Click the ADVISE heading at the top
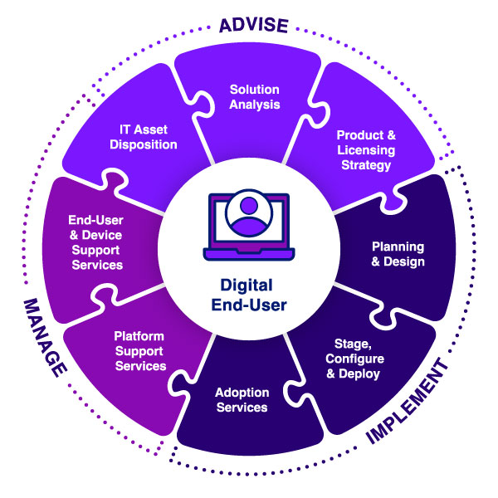[253, 26]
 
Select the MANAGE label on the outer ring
[45, 337]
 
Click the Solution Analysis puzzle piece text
[255, 97]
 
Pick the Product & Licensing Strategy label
[365, 149]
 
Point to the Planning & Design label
[398, 255]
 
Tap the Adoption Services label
[242, 400]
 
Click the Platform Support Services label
[140, 351]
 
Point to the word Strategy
[365, 164]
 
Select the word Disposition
[145, 144]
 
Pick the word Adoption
[242, 393]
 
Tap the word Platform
[139, 336]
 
